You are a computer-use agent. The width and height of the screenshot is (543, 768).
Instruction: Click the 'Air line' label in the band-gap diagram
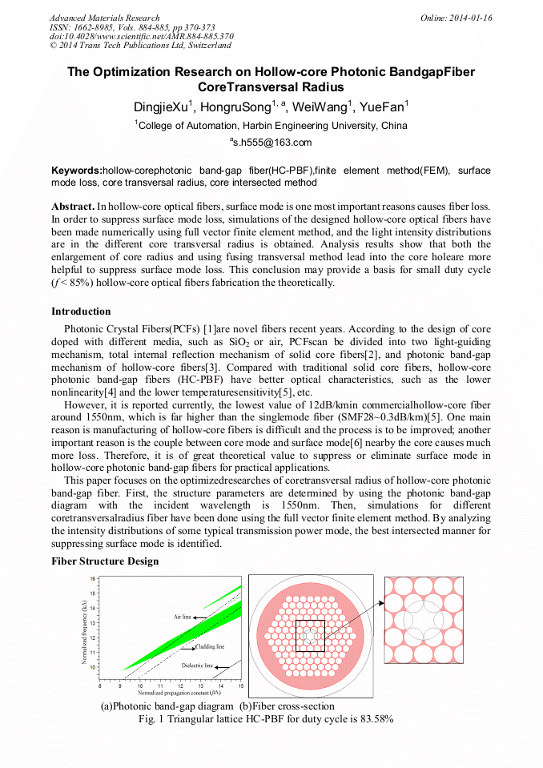183,617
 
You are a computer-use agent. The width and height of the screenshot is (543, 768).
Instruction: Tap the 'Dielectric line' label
197,665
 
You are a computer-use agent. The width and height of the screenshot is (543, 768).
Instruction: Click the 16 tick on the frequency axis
93,578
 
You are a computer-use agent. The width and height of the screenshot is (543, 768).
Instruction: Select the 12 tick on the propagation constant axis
180,686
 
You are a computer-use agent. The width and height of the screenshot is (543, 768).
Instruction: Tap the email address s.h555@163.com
271,143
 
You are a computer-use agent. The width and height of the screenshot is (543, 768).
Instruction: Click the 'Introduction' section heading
81,312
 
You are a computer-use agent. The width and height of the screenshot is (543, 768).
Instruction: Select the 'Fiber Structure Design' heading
105,561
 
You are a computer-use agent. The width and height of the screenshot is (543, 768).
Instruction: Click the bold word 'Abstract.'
73,206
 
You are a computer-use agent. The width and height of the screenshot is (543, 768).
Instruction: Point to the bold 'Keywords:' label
77,171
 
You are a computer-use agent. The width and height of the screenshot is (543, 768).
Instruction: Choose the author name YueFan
383,107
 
